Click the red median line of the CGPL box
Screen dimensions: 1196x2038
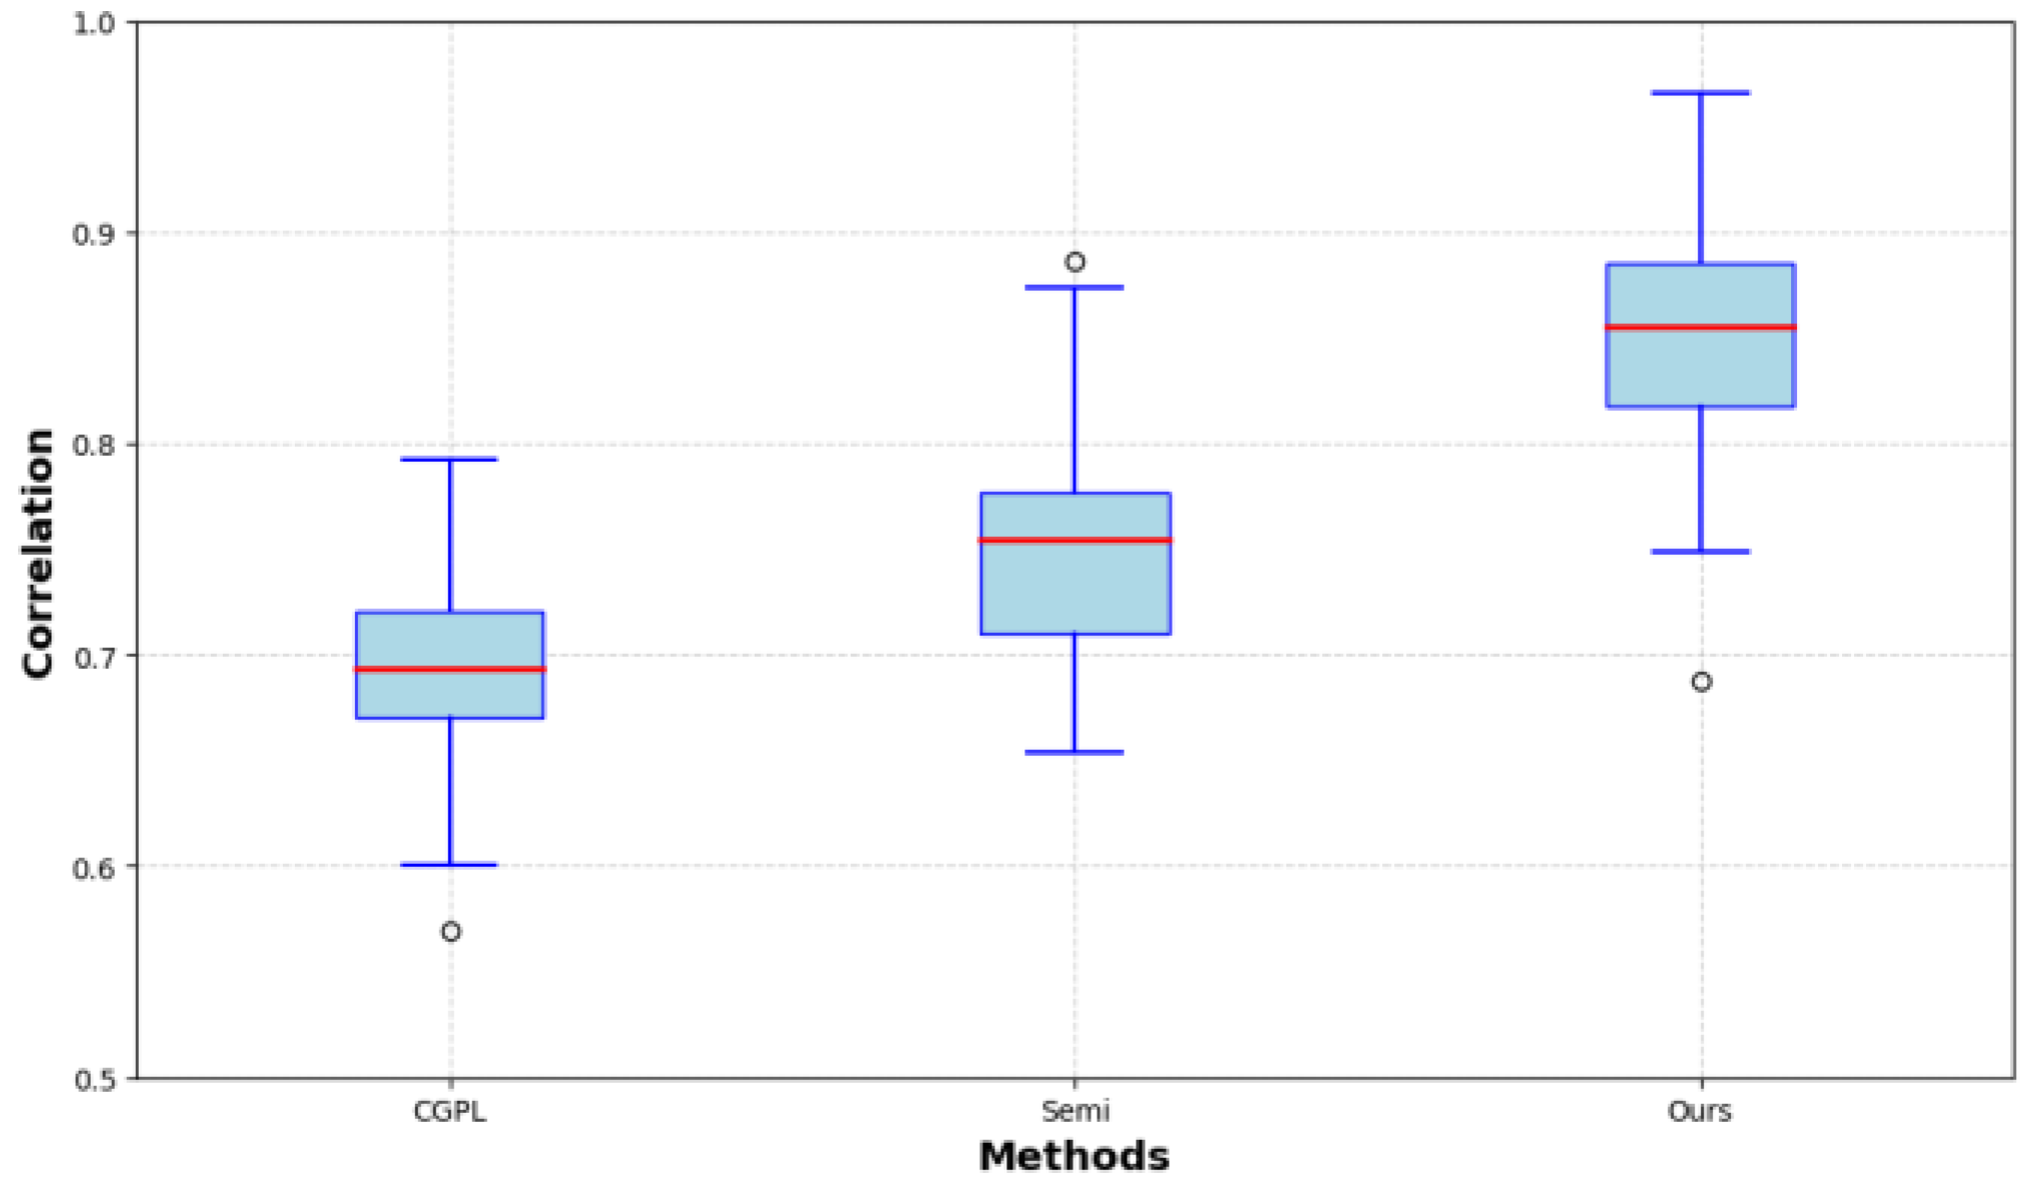coord(450,669)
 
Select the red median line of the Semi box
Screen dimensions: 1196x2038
coord(1075,540)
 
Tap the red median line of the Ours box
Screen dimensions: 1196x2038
coord(1700,327)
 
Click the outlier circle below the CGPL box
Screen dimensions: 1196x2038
coord(451,932)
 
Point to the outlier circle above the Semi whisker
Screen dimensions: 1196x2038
coord(1075,262)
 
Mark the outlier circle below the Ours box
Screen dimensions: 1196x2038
coord(1701,682)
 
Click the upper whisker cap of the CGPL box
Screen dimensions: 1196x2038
coord(450,460)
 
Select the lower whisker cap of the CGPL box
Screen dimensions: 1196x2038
coord(450,865)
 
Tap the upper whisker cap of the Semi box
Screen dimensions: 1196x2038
coord(1075,288)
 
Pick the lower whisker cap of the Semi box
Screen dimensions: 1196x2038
coord(1075,752)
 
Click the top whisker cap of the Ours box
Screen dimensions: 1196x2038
coord(1700,93)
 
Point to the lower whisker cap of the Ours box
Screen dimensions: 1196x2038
coord(1700,552)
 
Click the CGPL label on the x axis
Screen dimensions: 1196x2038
coord(450,1112)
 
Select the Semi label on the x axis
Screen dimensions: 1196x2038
coord(1075,1112)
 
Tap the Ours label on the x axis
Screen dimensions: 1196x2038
coord(1699,1112)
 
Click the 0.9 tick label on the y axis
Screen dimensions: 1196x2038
coord(94,234)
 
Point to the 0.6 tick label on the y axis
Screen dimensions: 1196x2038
coord(94,867)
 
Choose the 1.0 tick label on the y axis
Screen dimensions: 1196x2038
coord(94,23)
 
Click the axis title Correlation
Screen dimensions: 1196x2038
coord(38,553)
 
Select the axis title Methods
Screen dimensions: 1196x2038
coord(1074,1157)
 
